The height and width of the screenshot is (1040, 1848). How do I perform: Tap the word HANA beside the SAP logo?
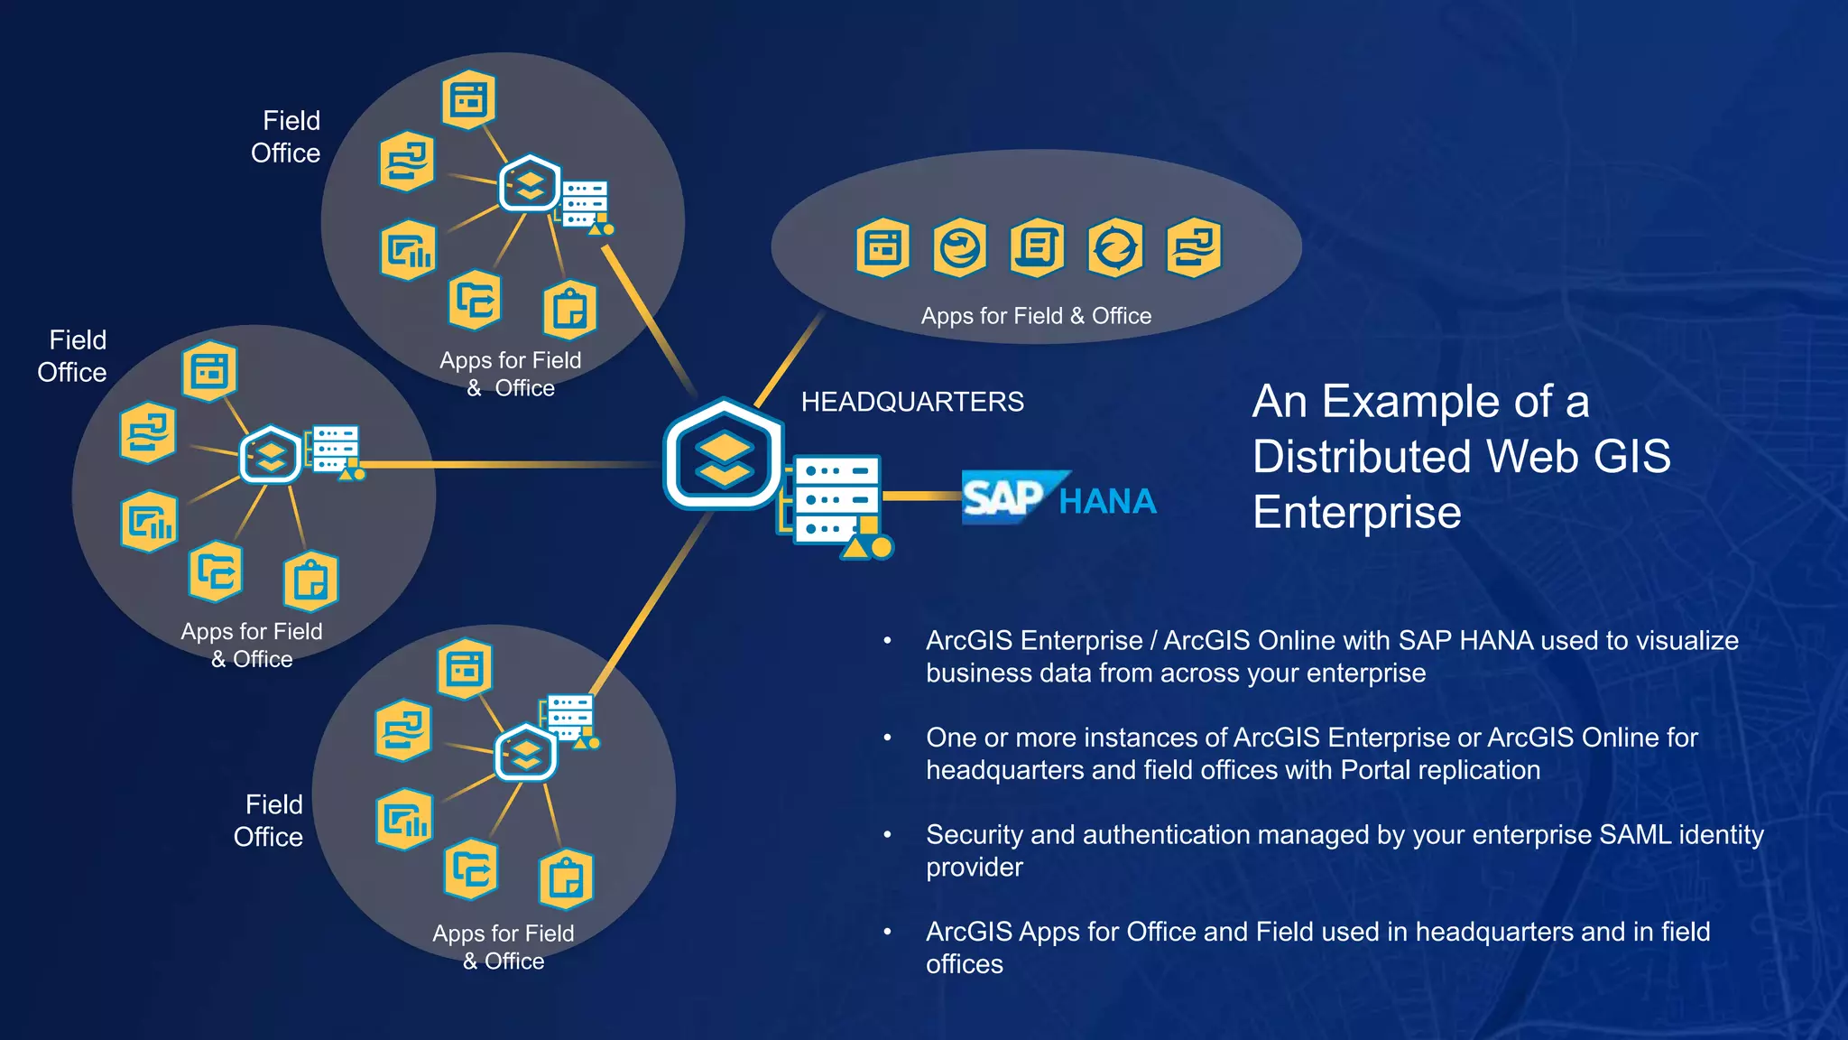point(1107,501)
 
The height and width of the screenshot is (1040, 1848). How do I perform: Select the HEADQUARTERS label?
point(911,402)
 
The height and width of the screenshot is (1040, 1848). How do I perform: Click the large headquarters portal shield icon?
point(724,454)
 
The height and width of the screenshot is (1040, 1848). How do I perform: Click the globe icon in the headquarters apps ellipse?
point(959,246)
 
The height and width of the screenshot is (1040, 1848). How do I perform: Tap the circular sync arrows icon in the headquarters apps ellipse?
point(1115,246)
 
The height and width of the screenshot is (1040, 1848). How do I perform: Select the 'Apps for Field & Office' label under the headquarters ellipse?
point(1035,316)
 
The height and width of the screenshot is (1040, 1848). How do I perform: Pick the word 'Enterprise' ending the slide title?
point(1356,513)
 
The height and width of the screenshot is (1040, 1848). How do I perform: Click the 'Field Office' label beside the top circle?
point(286,137)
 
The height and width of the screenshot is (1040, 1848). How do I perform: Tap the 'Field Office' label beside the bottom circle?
point(269,821)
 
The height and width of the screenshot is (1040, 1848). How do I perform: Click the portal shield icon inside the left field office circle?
point(270,454)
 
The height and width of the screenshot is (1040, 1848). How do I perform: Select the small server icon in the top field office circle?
point(585,204)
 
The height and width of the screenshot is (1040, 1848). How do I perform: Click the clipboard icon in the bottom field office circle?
point(566,878)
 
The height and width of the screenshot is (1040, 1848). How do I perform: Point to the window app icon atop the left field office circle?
point(209,371)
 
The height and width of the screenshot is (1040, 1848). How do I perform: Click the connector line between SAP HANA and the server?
point(920,496)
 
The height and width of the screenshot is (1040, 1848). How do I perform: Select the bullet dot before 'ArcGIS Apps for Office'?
point(888,932)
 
